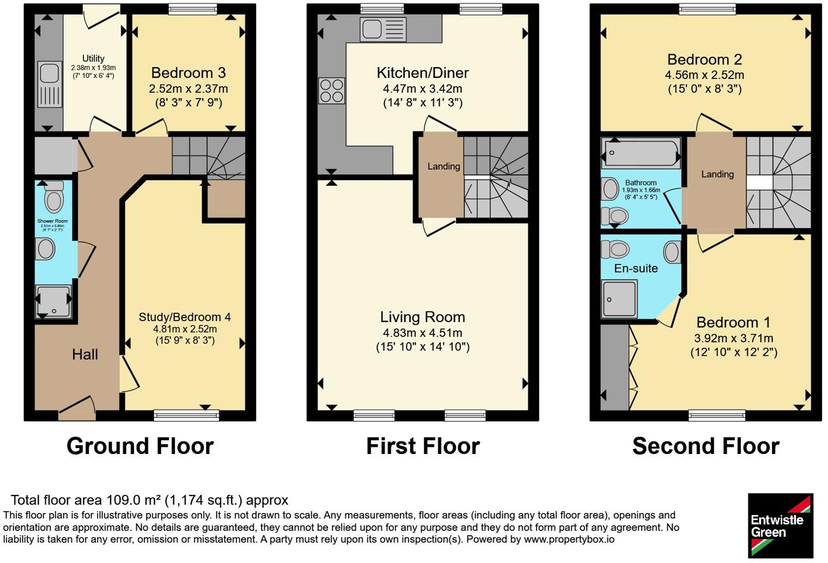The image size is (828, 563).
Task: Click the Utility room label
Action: pyautogui.click(x=93, y=58)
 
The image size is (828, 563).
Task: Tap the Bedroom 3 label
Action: pyautogui.click(x=188, y=73)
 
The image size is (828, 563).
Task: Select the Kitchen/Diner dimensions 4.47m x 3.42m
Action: pyautogui.click(x=423, y=89)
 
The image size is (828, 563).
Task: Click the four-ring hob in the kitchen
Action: pyautogui.click(x=331, y=90)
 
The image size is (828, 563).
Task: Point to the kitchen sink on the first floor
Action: pyautogui.click(x=383, y=29)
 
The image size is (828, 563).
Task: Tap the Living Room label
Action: pyautogui.click(x=423, y=317)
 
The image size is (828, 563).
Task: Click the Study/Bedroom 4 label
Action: pyautogui.click(x=185, y=317)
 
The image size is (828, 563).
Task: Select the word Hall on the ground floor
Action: pyautogui.click(x=85, y=355)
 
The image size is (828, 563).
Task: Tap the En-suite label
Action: pyautogui.click(x=636, y=269)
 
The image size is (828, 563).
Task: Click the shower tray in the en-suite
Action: pyautogui.click(x=619, y=299)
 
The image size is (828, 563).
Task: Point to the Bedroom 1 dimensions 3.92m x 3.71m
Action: pyautogui.click(x=734, y=338)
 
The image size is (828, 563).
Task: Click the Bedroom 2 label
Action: pyautogui.click(x=705, y=59)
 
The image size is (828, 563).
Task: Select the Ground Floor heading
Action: pyautogui.click(x=140, y=446)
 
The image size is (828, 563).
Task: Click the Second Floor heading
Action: pyautogui.click(x=705, y=446)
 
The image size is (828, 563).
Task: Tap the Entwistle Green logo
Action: pyautogui.click(x=780, y=525)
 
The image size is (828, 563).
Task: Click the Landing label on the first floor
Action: pyautogui.click(x=443, y=167)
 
